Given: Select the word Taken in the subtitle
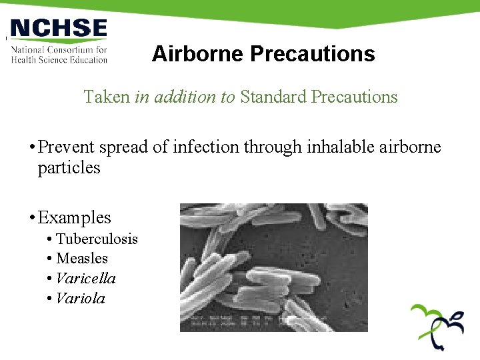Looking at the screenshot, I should pos(107,97).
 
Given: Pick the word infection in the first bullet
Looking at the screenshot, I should pos(205,147).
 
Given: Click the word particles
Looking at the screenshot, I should pos(69,168).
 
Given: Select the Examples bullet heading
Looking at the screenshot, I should pos(74,218).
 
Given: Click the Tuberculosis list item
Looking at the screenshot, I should pos(97,239).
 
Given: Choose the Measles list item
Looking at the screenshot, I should pos(82,259).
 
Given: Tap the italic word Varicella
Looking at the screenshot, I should pos(86,279).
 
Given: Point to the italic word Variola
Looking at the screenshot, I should pos(81,299).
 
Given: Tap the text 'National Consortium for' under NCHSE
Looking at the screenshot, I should pos(59,50).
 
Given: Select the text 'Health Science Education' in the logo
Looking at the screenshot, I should pos(59,59).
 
